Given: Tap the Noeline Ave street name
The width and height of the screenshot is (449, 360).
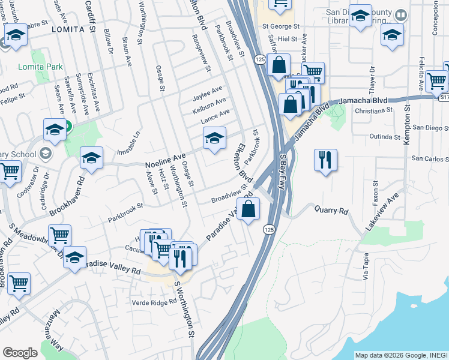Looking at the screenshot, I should (x=166, y=160).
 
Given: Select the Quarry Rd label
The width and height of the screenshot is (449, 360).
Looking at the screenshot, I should (x=331, y=211).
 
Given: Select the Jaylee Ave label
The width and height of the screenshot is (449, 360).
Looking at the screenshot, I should (x=208, y=95).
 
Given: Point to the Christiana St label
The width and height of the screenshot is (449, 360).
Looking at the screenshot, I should (x=373, y=110).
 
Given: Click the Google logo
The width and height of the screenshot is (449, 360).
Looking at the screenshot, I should (x=20, y=353).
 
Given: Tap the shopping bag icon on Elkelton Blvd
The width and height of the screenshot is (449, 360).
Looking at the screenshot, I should (x=252, y=209).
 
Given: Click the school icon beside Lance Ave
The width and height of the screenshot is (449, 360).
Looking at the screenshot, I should (x=214, y=139).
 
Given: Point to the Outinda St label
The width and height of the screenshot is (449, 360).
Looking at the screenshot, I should (x=385, y=137).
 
